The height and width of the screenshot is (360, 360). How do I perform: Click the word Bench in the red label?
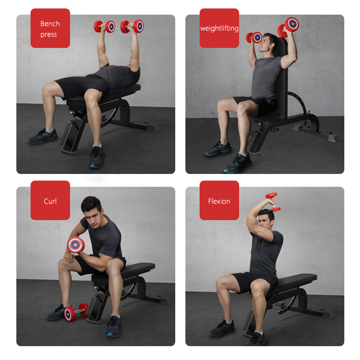pyautogui.click(x=50, y=24)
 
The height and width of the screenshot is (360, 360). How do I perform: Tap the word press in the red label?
pyautogui.click(x=49, y=35)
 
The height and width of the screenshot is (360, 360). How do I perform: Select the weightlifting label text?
pyautogui.click(x=219, y=28)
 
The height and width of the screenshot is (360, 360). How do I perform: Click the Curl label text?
pyautogui.click(x=50, y=201)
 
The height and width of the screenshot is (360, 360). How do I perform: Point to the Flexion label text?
pyautogui.click(x=219, y=201)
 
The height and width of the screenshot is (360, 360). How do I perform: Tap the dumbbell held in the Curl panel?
pyautogui.click(x=76, y=245)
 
